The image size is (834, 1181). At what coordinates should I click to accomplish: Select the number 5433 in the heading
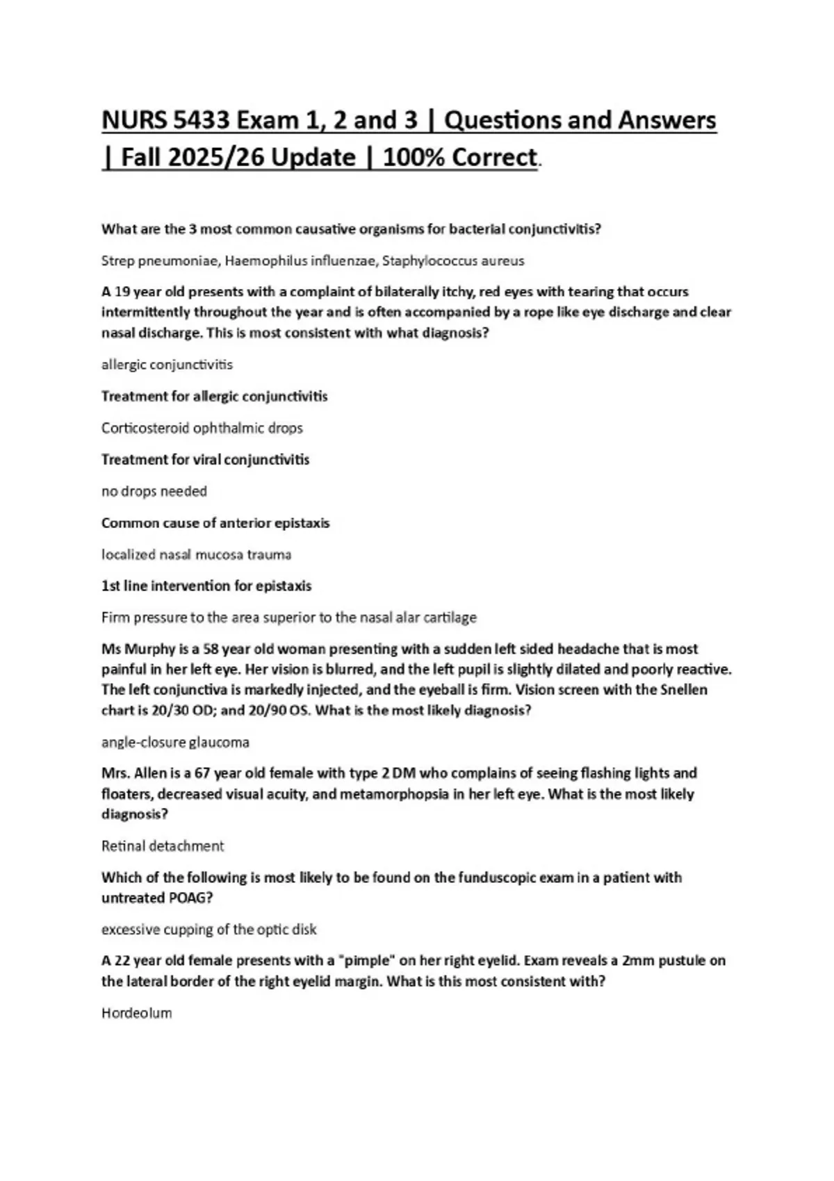(202, 121)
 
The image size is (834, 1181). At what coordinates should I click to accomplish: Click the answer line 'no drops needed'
(154, 491)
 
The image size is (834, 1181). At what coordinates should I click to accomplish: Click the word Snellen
(683, 690)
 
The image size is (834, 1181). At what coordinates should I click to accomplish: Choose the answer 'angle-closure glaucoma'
(175, 742)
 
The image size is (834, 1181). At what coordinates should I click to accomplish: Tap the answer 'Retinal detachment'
(163, 846)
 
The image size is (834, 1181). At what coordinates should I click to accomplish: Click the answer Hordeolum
(136, 1013)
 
